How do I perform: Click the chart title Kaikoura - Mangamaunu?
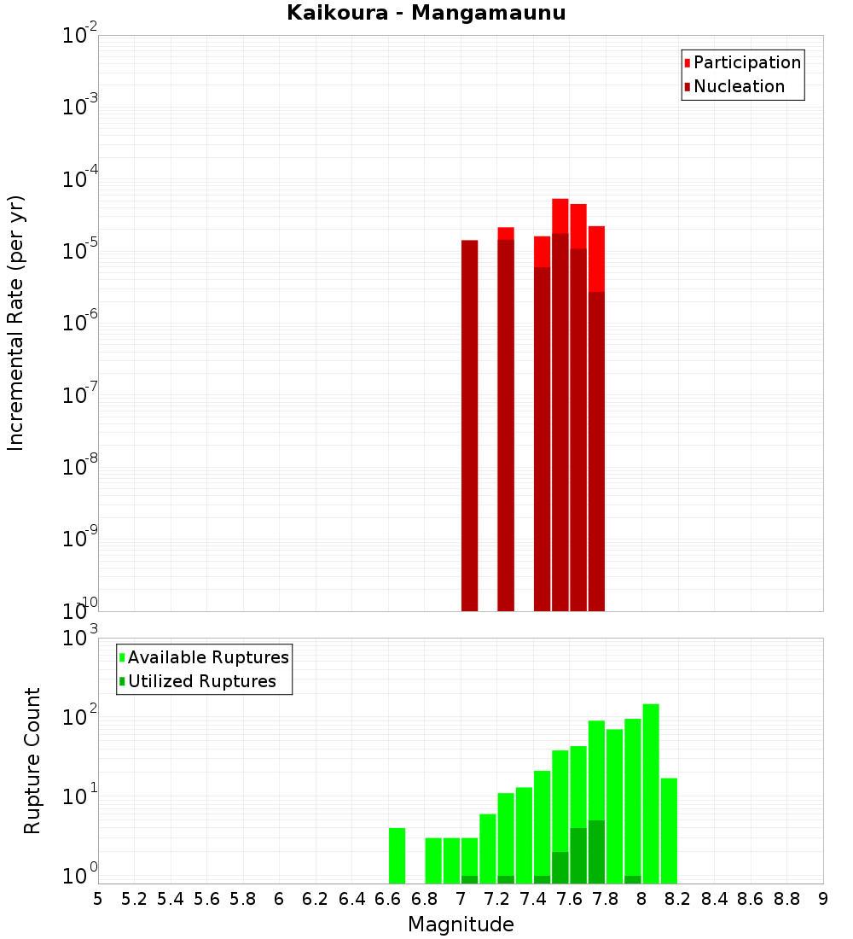[426, 14]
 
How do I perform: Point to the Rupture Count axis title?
[32, 761]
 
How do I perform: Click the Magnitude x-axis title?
[461, 924]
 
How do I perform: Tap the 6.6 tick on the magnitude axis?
[388, 899]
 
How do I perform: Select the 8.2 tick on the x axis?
[678, 899]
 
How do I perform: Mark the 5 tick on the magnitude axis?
[98, 899]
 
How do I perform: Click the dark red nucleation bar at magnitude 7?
[469, 427]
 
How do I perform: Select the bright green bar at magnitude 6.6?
[397, 855]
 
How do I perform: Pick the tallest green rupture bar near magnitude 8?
[651, 794]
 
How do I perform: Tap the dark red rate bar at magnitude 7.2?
[506, 427]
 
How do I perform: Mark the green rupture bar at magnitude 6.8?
[433, 860]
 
